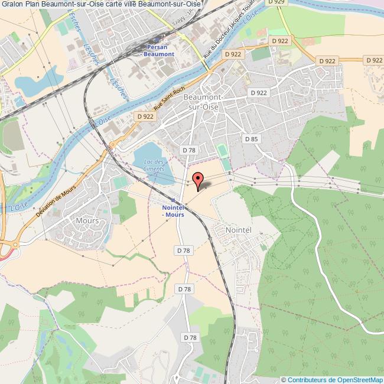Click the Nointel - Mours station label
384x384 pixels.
pos(173,211)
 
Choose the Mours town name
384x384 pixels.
pos(87,220)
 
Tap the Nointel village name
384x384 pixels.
pos(239,229)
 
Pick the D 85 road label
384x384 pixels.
pos(252,139)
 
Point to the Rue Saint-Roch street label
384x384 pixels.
pos(167,104)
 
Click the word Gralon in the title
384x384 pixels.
pos(12,4)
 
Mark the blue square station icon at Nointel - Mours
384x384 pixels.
pos(173,201)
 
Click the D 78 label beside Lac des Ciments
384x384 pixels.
pos(189,150)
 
